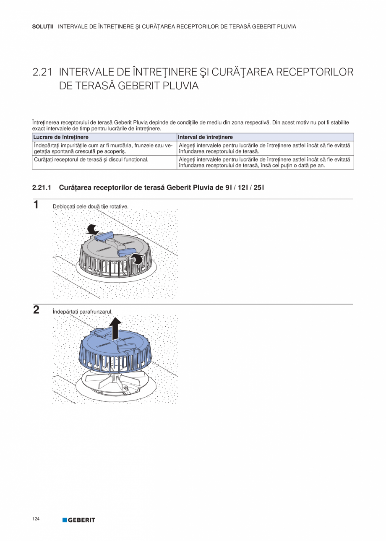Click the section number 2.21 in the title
42,72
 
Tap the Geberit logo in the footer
79,520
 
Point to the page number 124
36,519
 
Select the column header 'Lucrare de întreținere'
61,137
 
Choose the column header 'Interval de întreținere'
206,137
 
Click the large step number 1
36,205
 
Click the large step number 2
36,310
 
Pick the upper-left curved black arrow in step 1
92,229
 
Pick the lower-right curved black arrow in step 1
137,259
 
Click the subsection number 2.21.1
42,187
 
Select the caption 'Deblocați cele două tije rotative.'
90,207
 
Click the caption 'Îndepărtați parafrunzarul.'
83,312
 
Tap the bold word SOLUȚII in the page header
43,26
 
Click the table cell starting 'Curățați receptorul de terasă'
90,160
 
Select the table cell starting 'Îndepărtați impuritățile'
103,148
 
